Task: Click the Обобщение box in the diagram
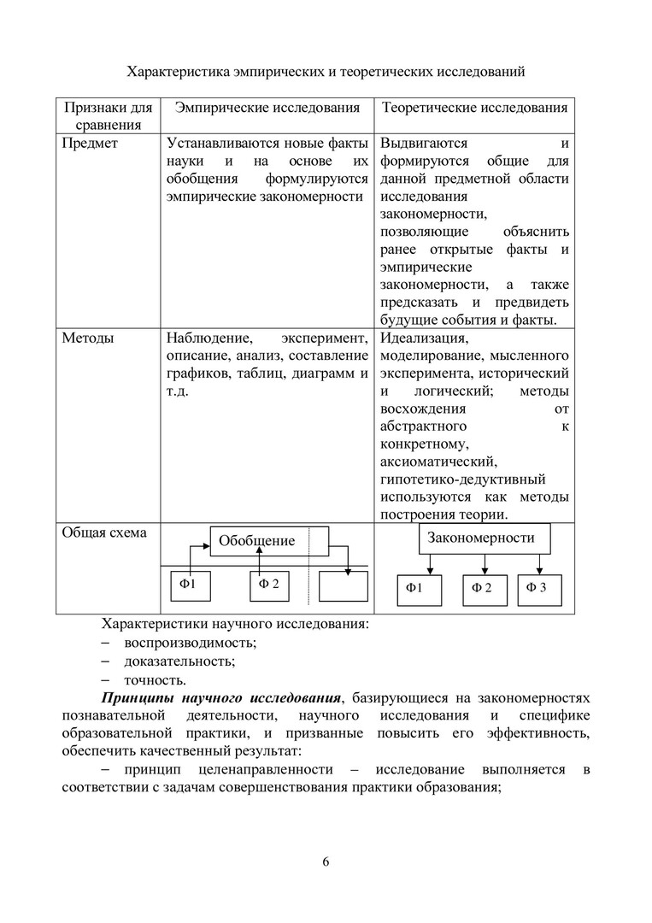tap(257, 540)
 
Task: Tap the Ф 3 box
tap(537, 587)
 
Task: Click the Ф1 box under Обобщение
tap(196, 585)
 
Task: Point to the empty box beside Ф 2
tap(343, 586)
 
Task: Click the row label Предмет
tap(90, 143)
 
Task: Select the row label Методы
tap(88, 338)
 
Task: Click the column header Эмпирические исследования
tap(267, 108)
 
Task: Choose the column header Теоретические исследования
tap(474, 108)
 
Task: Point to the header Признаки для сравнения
tap(108, 116)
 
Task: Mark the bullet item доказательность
tap(179, 661)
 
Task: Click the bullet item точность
tap(155, 680)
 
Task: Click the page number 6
tap(326, 861)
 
